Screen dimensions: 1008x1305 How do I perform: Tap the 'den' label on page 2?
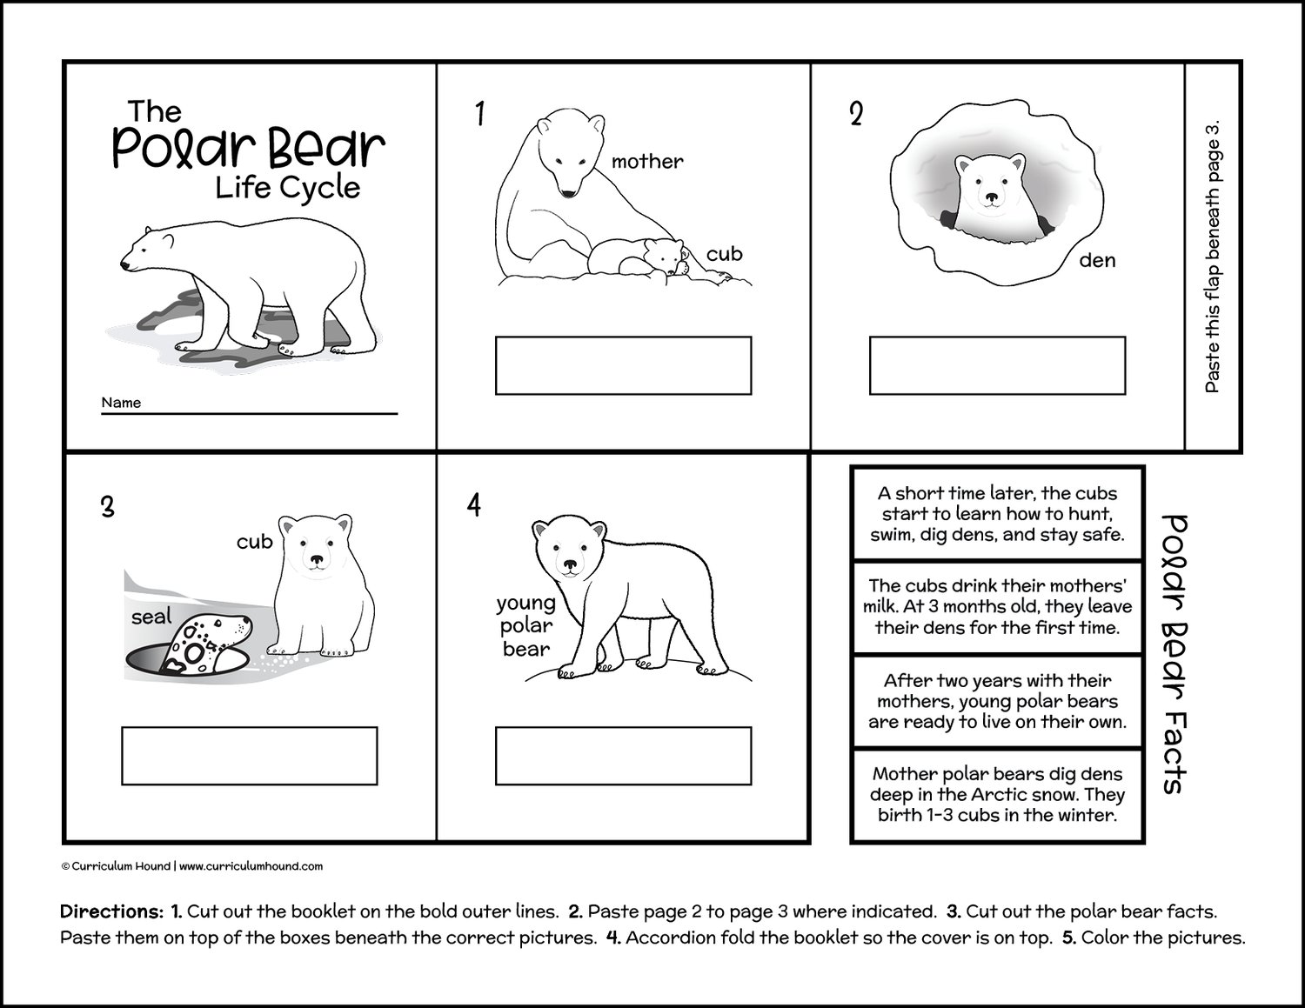coord(1096,260)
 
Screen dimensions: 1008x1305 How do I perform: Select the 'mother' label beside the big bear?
coord(647,161)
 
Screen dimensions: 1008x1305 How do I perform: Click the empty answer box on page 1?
coord(623,365)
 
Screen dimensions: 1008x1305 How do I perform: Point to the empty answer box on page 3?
coord(249,756)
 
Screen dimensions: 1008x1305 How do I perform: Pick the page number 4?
coord(474,504)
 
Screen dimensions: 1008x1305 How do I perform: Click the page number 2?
coord(856,114)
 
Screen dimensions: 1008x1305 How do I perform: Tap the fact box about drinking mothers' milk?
coord(997,607)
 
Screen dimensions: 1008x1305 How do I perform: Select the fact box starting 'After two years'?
coord(997,701)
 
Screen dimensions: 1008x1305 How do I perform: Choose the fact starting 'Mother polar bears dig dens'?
coord(997,795)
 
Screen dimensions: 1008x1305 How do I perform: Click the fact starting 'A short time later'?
coord(997,514)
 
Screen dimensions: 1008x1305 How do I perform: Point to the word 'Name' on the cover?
coord(121,403)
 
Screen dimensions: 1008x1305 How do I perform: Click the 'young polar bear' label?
coord(525,625)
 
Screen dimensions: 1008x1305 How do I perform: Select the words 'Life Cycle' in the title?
coord(288,187)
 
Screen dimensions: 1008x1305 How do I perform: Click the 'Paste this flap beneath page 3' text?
coord(1213,256)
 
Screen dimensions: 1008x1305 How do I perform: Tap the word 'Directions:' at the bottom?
coord(111,912)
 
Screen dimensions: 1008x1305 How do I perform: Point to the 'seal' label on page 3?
coord(151,617)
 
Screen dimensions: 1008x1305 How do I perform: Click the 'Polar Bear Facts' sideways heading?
coord(1174,653)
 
